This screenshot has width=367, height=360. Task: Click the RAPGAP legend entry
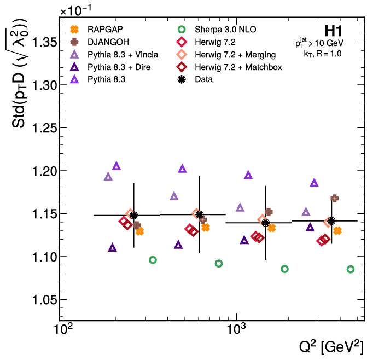(103, 29)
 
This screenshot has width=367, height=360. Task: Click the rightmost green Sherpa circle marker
(351, 269)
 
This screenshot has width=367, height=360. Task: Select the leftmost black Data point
(133, 216)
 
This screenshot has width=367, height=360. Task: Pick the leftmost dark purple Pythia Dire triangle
(113, 247)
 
